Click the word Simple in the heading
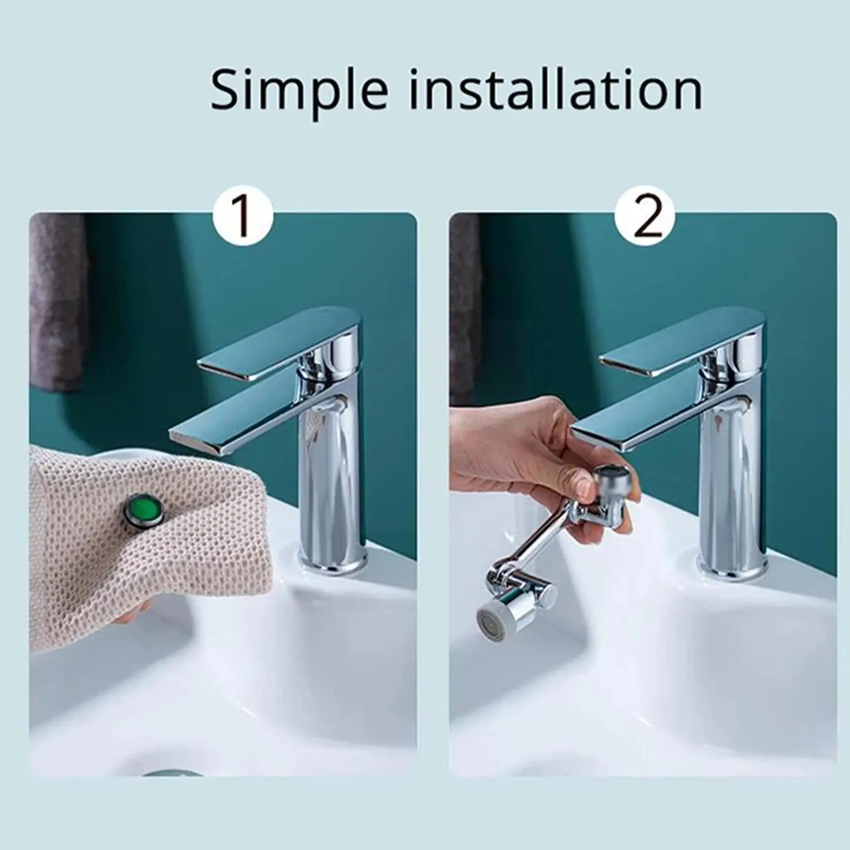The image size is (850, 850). click(x=299, y=90)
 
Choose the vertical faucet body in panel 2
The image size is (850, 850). click(x=734, y=478)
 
